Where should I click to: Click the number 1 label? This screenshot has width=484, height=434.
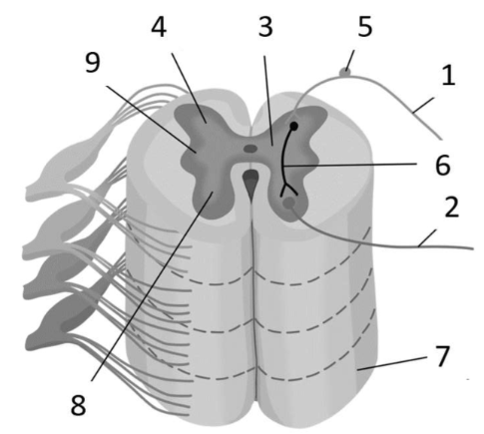click(x=448, y=76)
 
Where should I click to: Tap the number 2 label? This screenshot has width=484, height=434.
click(x=452, y=207)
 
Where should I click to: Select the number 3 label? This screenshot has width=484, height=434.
click(x=265, y=27)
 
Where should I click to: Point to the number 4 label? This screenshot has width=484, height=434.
click(x=159, y=27)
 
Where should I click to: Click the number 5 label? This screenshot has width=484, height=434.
click(x=365, y=27)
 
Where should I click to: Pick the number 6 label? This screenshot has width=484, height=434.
click(x=443, y=165)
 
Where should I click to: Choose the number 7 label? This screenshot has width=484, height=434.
click(x=442, y=356)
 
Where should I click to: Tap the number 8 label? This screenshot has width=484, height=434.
click(x=78, y=405)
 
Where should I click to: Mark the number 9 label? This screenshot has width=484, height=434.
click(x=93, y=63)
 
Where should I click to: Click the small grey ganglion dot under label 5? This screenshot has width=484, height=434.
click(x=344, y=72)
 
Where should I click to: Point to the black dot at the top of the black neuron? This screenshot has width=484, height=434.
click(x=293, y=126)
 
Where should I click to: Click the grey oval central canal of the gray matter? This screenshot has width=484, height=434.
click(x=250, y=149)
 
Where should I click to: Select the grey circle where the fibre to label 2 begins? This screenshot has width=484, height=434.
click(x=288, y=203)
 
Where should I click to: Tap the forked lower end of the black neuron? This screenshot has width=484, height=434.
click(x=288, y=191)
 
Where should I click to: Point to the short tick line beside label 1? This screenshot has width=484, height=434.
click(x=423, y=106)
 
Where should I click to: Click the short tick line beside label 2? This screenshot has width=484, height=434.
click(x=427, y=238)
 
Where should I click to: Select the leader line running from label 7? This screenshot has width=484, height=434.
click(x=392, y=363)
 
